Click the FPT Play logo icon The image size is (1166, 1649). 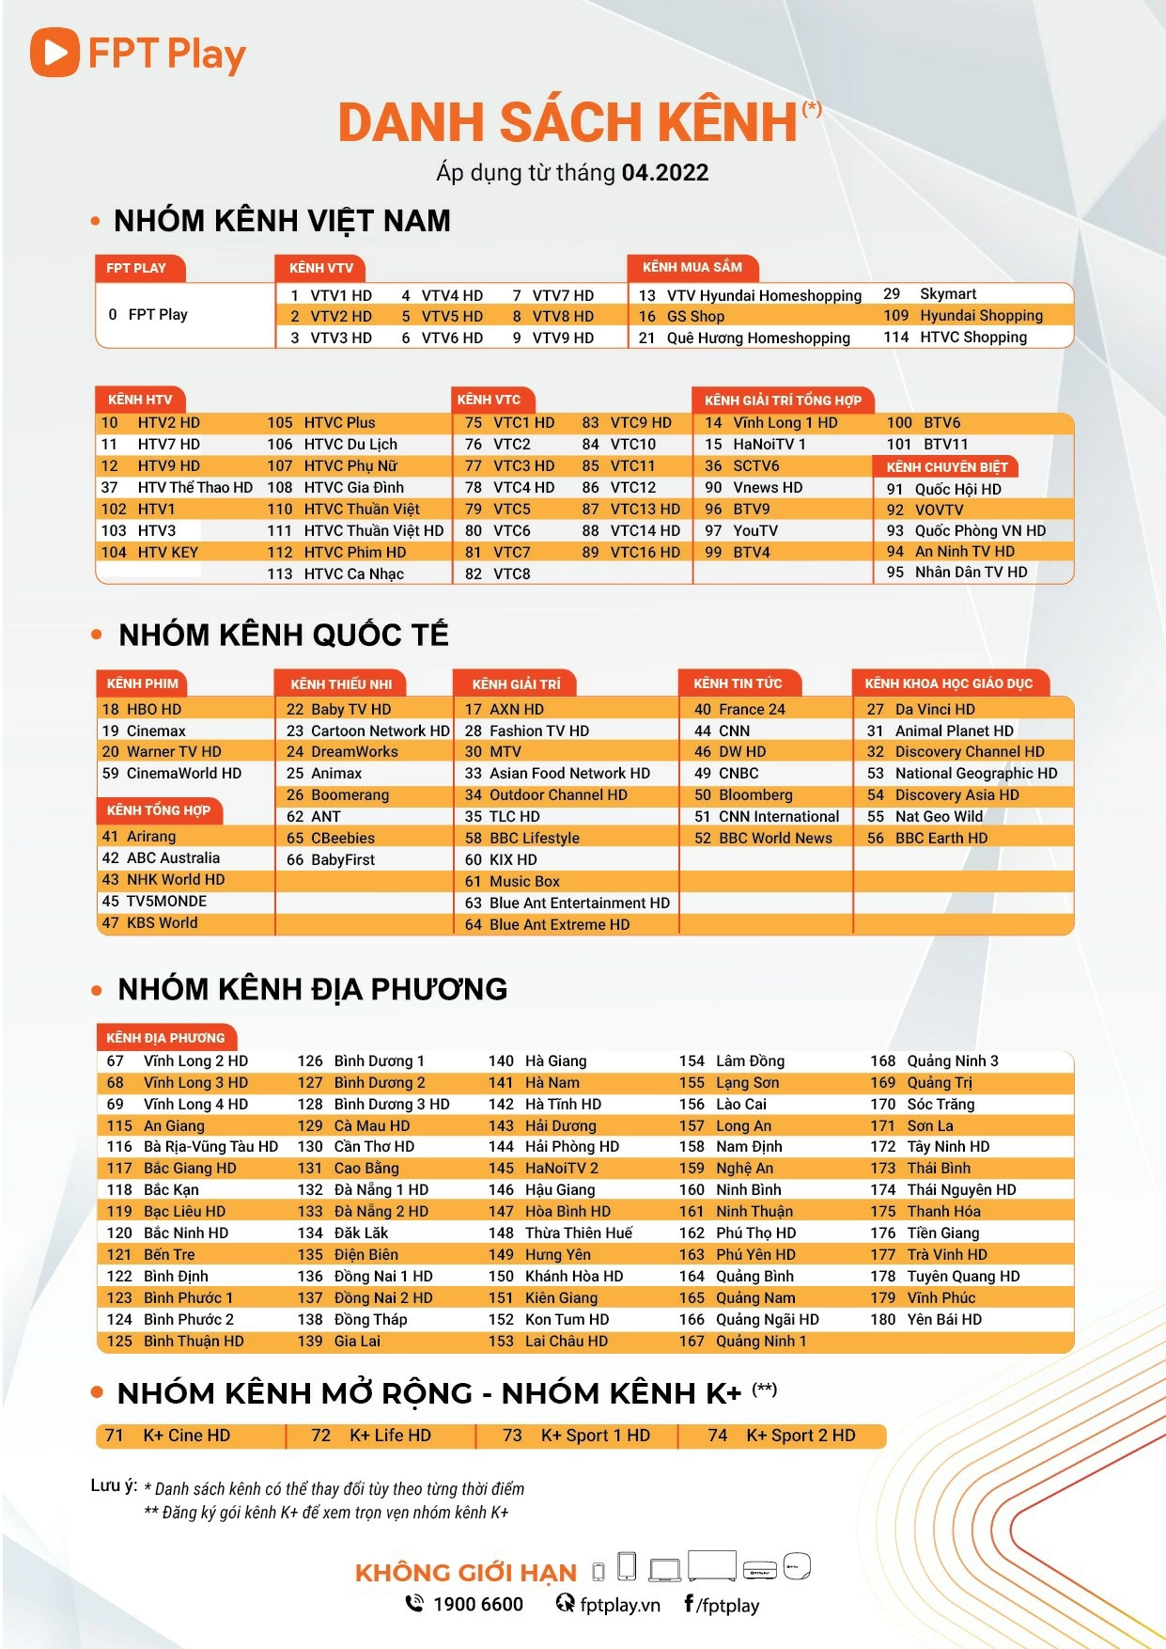click(54, 53)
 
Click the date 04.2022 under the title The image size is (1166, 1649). click(664, 173)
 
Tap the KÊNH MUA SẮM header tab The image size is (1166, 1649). click(692, 268)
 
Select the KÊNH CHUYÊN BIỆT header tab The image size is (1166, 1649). click(946, 467)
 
